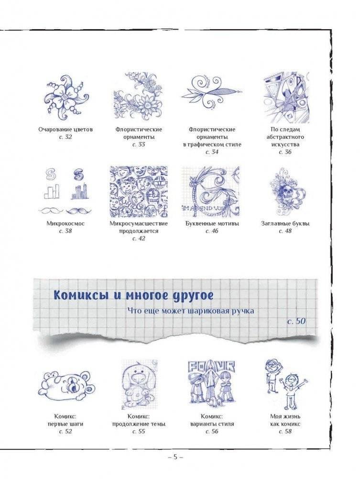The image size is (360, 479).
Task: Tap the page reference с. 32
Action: (65, 137)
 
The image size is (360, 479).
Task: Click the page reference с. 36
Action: (285, 152)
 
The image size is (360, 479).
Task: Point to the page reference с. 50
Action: (296, 321)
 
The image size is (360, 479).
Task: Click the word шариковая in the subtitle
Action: (214, 311)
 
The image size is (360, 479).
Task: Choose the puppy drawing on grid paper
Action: (139, 383)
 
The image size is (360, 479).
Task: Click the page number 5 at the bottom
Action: (175, 457)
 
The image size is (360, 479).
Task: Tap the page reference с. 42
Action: (139, 238)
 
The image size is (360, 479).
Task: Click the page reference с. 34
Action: (211, 152)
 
